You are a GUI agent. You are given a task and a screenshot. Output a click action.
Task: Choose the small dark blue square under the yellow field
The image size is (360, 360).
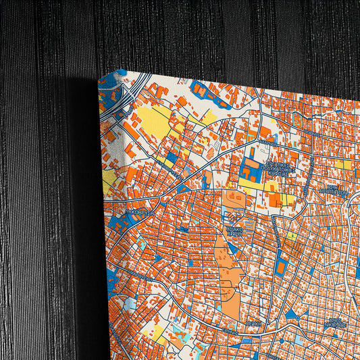(x=172, y=157)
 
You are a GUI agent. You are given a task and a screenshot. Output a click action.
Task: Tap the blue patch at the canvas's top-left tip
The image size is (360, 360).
(x=111, y=76)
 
